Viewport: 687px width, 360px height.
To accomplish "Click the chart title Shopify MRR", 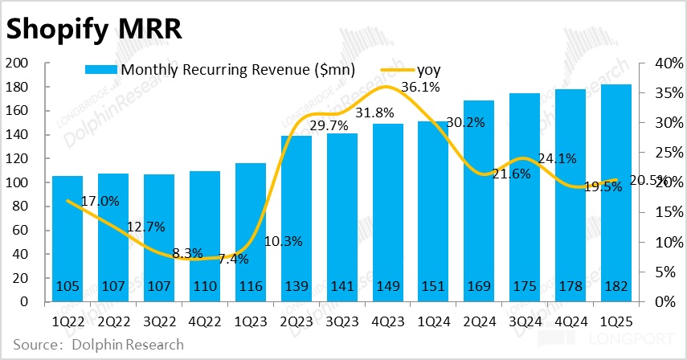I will tap(95, 28).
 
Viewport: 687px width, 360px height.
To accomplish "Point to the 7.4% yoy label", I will tap(233, 259).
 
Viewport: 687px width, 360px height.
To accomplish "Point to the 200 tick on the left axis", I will tap(18, 63).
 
